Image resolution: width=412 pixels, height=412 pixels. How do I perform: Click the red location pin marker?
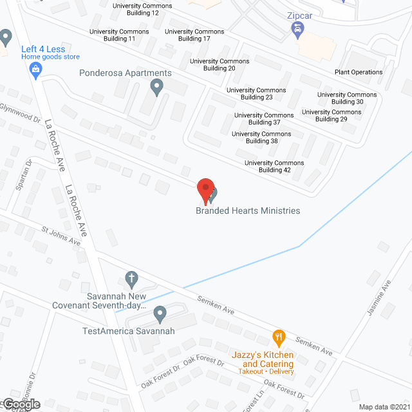(x=205, y=190)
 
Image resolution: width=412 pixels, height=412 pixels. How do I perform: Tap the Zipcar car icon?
(x=297, y=29)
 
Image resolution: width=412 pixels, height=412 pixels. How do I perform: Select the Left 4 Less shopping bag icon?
(x=36, y=68)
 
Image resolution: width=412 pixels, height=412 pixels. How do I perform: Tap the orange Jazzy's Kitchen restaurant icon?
(x=278, y=337)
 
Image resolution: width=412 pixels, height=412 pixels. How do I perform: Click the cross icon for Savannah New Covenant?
(x=131, y=279)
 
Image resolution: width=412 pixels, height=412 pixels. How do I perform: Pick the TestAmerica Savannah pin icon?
(x=160, y=314)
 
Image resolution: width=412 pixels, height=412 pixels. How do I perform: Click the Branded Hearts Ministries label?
(x=248, y=211)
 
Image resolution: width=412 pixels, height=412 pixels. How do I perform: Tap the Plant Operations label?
(x=359, y=72)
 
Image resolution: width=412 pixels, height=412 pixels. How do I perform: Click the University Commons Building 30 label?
(x=347, y=98)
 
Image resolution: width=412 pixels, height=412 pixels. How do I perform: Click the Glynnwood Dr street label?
(x=20, y=113)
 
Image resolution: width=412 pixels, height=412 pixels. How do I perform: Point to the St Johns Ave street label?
(x=61, y=234)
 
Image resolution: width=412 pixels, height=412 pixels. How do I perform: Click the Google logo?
(x=21, y=404)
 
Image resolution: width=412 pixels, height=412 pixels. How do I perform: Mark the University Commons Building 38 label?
(x=261, y=137)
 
